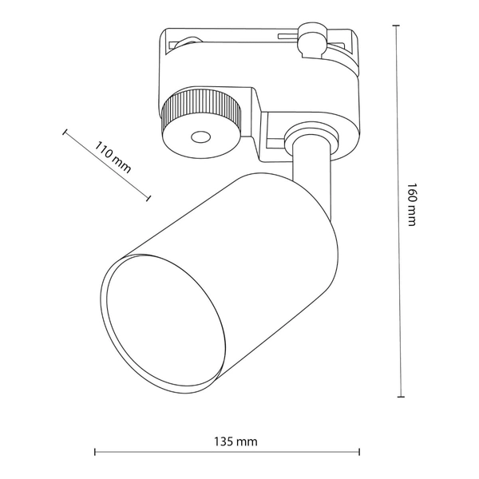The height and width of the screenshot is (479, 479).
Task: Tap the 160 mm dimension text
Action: point(411,205)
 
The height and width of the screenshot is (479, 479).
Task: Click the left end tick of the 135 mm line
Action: point(95,453)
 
